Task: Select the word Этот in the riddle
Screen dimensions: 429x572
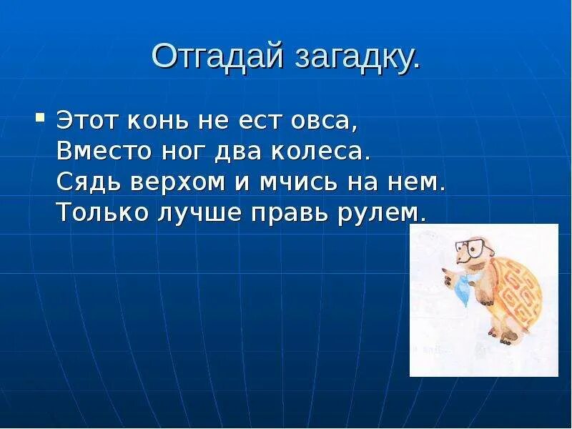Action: pyautogui.click(x=87, y=120)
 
